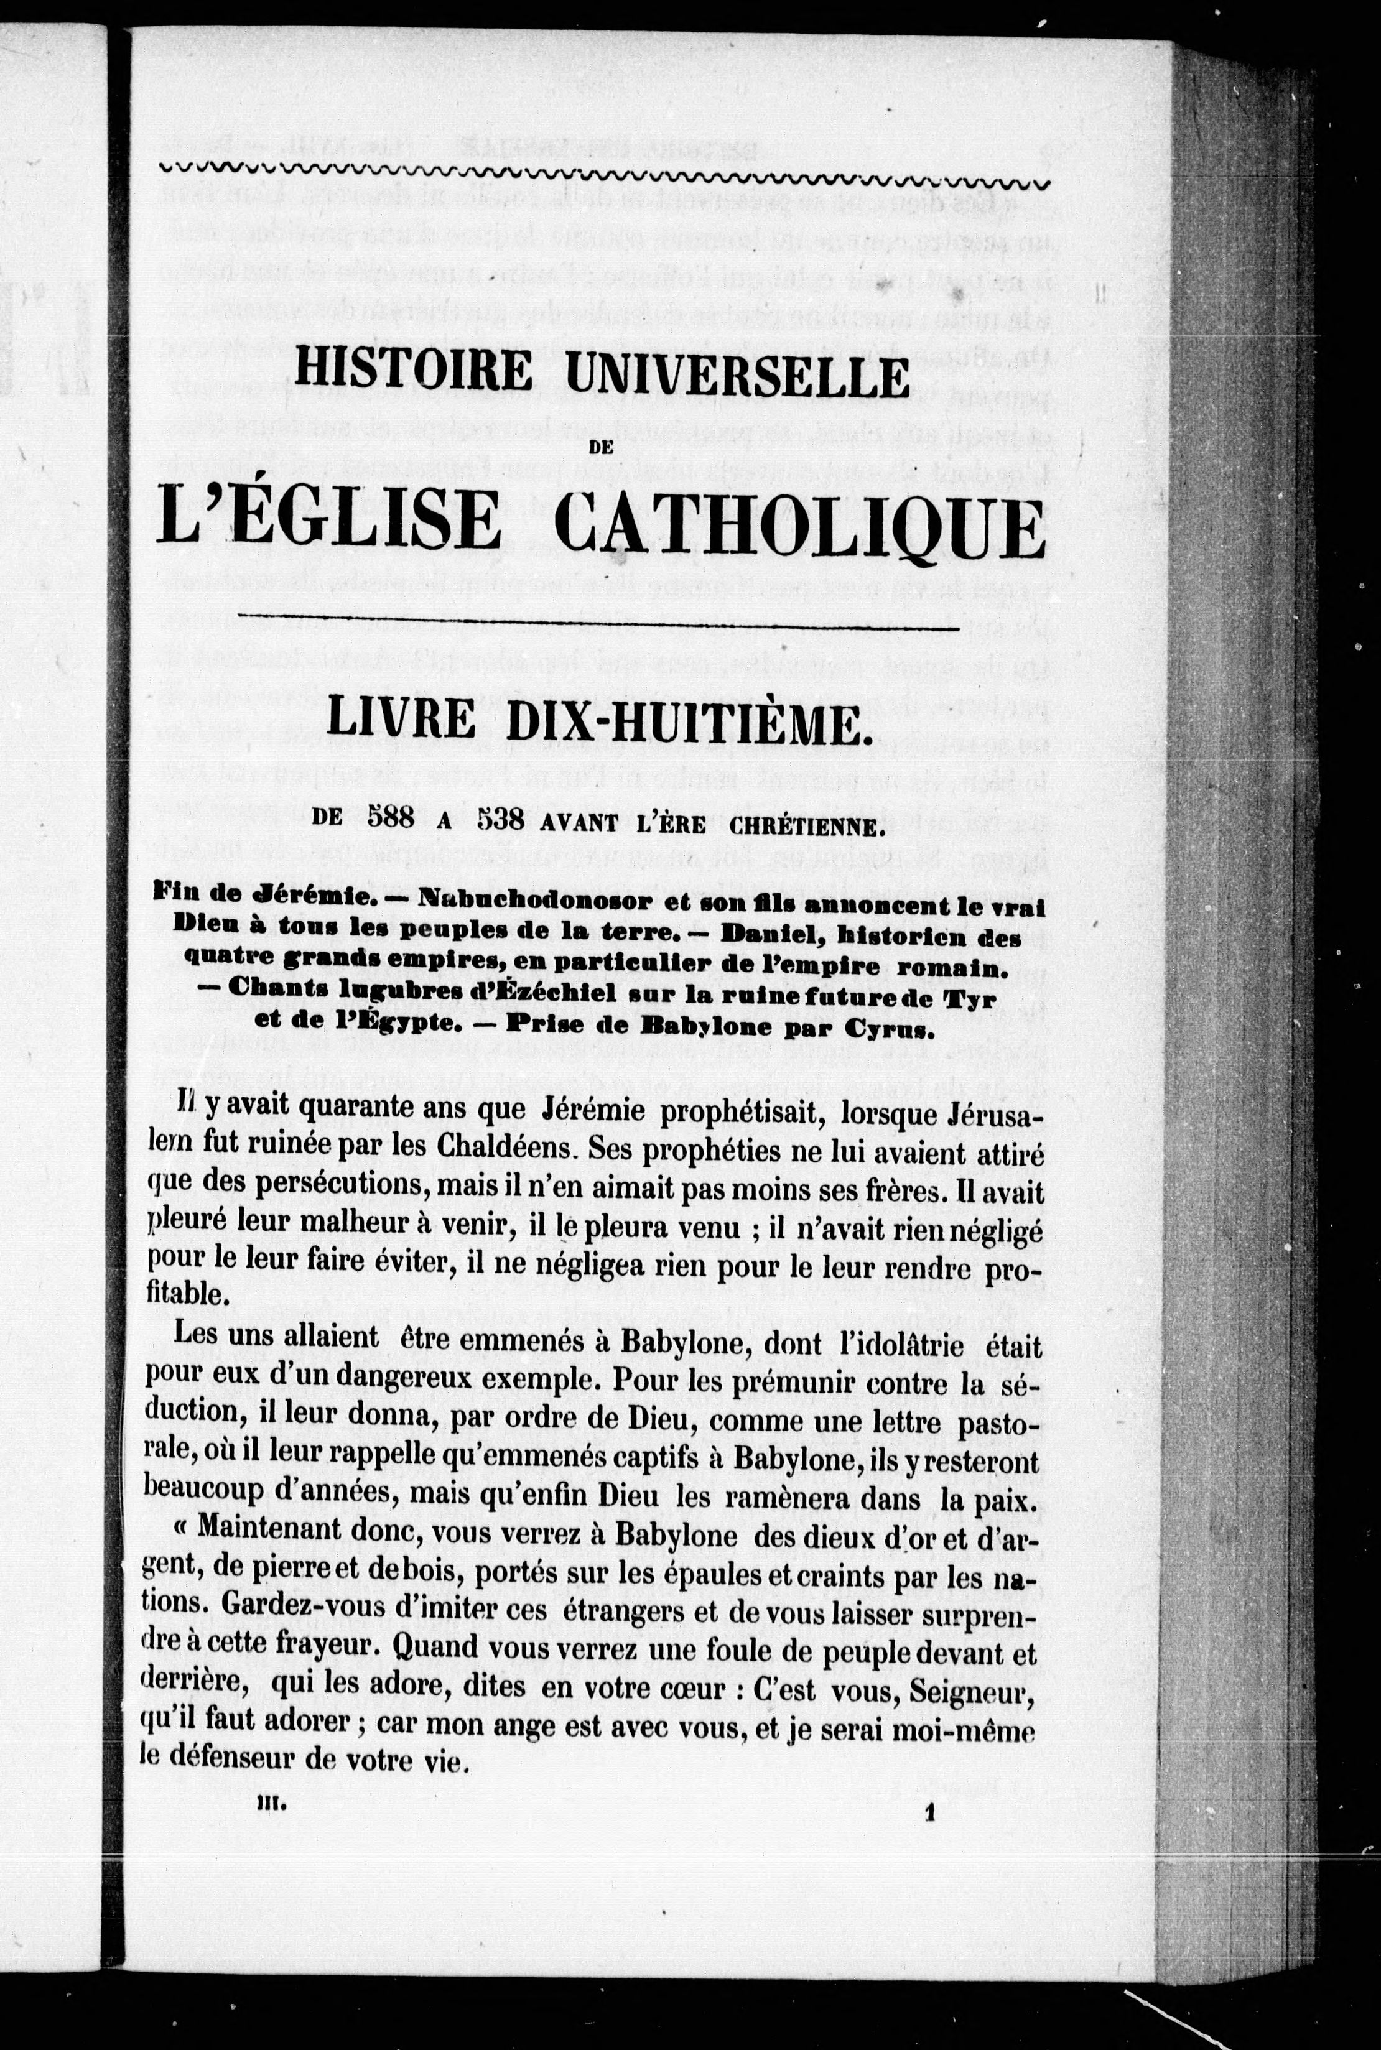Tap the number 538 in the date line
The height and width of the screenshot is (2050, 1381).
[500, 820]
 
